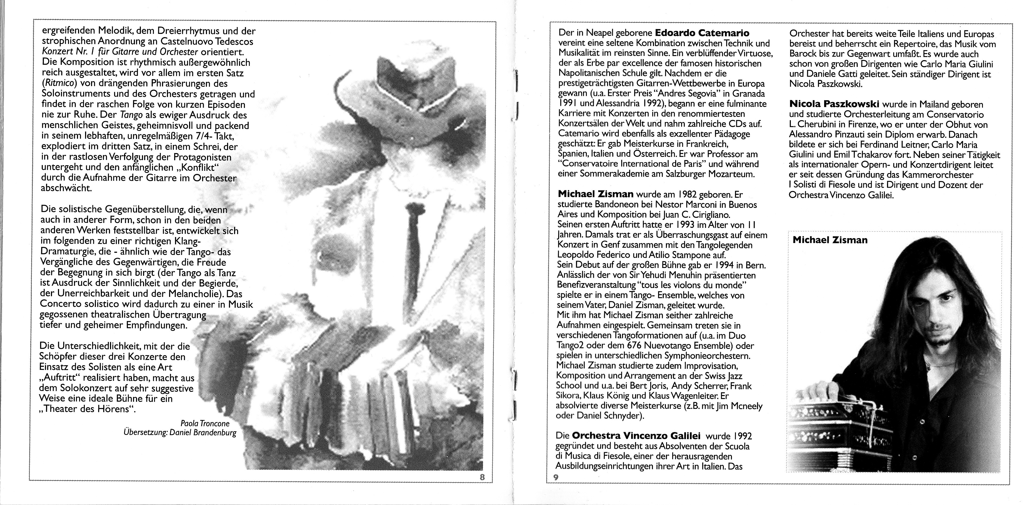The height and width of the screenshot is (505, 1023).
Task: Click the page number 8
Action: [x=483, y=477]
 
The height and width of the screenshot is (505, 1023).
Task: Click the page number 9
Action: [x=556, y=477]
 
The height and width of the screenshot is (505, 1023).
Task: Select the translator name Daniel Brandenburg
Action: [x=203, y=433]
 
